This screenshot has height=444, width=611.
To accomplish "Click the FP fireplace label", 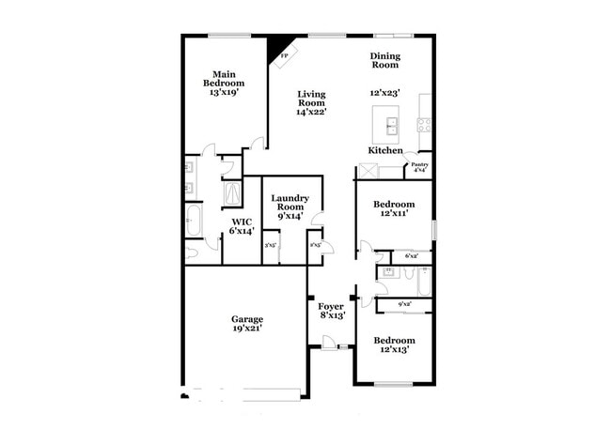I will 286,55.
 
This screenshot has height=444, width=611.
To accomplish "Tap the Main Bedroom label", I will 224,84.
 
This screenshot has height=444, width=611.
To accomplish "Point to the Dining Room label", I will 384,61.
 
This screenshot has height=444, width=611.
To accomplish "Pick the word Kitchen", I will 385,150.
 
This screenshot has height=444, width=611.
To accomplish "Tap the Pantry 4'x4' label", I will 420,167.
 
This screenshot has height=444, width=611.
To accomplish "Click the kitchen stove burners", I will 424,122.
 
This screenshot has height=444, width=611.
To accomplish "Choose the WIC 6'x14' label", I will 243,225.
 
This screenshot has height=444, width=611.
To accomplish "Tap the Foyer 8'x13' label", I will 331,311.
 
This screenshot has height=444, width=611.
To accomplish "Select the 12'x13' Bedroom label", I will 393,345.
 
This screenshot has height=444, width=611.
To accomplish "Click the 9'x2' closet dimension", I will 406,303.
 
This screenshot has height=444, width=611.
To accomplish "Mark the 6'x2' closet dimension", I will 411,255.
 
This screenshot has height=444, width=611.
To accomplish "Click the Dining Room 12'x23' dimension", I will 386,94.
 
